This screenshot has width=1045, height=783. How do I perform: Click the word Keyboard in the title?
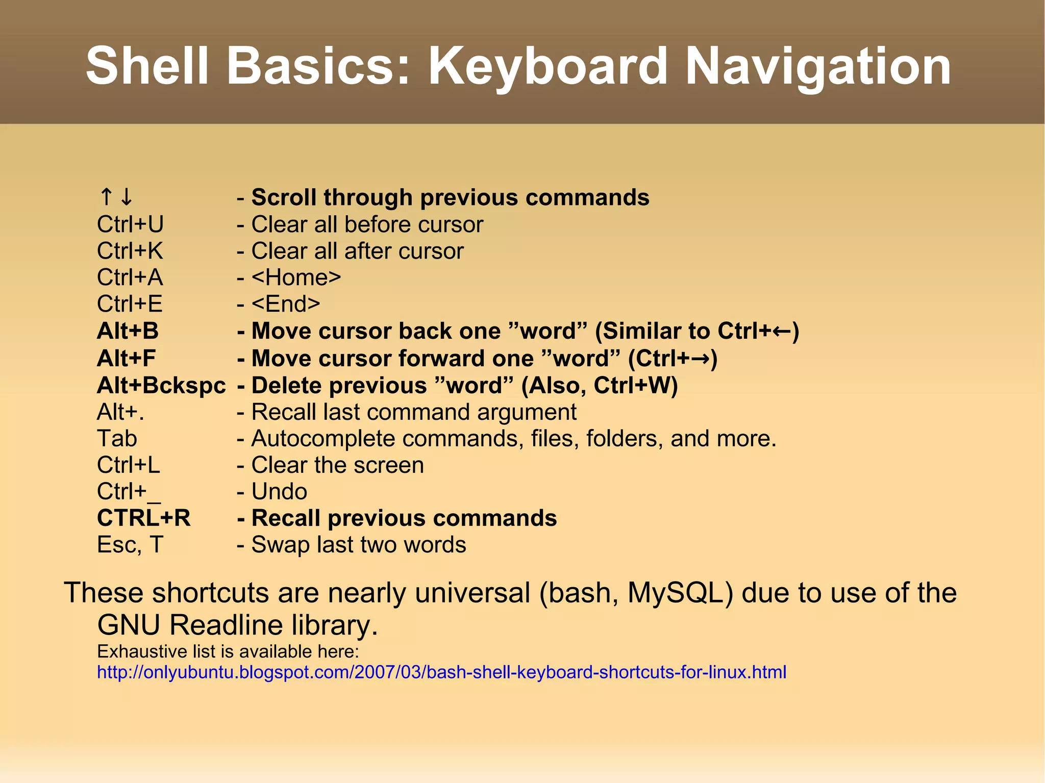(x=547, y=66)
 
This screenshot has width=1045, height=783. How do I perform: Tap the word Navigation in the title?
(x=817, y=66)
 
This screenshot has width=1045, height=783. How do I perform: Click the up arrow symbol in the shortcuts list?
(x=106, y=197)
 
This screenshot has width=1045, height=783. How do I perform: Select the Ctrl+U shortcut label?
(x=130, y=224)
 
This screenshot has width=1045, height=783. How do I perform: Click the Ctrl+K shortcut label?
(x=130, y=251)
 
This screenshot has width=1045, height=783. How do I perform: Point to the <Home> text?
(x=296, y=277)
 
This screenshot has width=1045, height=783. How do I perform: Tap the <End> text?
(x=286, y=304)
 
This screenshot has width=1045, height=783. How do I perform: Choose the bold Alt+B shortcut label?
(x=128, y=331)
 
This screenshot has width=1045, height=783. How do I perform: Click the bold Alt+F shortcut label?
(x=126, y=358)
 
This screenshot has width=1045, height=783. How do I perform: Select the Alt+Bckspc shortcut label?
(x=161, y=386)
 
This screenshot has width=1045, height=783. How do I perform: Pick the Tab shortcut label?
(x=117, y=439)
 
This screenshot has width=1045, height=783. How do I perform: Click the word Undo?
(x=279, y=492)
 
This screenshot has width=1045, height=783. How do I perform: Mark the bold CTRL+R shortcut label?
(x=143, y=518)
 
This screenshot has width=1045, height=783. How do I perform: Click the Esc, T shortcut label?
(x=130, y=545)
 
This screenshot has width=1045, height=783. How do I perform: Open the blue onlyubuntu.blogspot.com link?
(x=441, y=672)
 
